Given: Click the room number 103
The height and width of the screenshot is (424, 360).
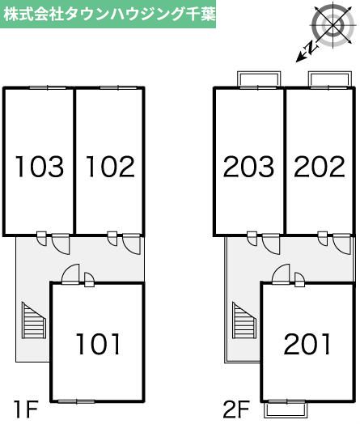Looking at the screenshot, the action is click(40, 167).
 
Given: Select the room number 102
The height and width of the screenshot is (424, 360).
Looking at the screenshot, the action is click(110, 167).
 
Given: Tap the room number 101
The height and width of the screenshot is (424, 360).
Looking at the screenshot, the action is click(99, 343).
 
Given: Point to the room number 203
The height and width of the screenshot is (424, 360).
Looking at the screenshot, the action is click(248, 167).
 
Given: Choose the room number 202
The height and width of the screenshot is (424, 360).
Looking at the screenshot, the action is click(320, 167).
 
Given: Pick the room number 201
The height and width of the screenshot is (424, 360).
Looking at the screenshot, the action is click(307, 343).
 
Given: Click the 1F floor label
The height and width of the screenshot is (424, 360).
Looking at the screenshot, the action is click(25, 409).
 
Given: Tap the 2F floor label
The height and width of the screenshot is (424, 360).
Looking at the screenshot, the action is click(236, 409).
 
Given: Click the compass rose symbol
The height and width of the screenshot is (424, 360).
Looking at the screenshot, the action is click(332, 26).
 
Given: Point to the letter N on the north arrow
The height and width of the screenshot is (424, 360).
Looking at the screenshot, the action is click(311, 48).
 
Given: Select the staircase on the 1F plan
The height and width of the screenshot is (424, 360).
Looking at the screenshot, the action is click(34, 320).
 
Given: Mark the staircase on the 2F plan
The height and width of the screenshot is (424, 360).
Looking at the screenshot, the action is click(244, 320).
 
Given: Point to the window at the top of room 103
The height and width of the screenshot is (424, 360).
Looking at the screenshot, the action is click(48, 87).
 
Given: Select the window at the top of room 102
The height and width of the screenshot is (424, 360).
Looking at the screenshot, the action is click(118, 87).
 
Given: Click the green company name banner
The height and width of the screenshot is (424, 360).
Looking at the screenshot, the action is click(108, 14).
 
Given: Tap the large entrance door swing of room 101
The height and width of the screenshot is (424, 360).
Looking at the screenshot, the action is click(71, 273).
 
